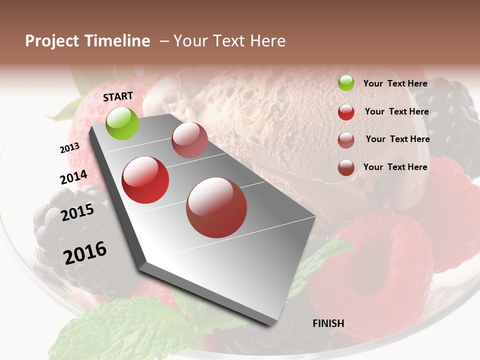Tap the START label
pos(118,96)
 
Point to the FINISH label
pos(328,323)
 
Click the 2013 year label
pos(69,148)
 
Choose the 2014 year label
pos(73,177)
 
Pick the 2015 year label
pos(77,212)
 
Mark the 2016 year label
pos(85,253)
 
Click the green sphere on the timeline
pos(122,123)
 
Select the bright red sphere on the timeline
pos(145,180)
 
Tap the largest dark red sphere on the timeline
pos(216,207)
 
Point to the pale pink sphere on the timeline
pos(189,140)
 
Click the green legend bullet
pos(346,83)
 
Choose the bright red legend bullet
pos(346,112)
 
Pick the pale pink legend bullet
pos(346,139)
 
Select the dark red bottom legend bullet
pos(346,167)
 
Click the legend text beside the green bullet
pos(395,83)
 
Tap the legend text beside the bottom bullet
pos(395,167)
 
